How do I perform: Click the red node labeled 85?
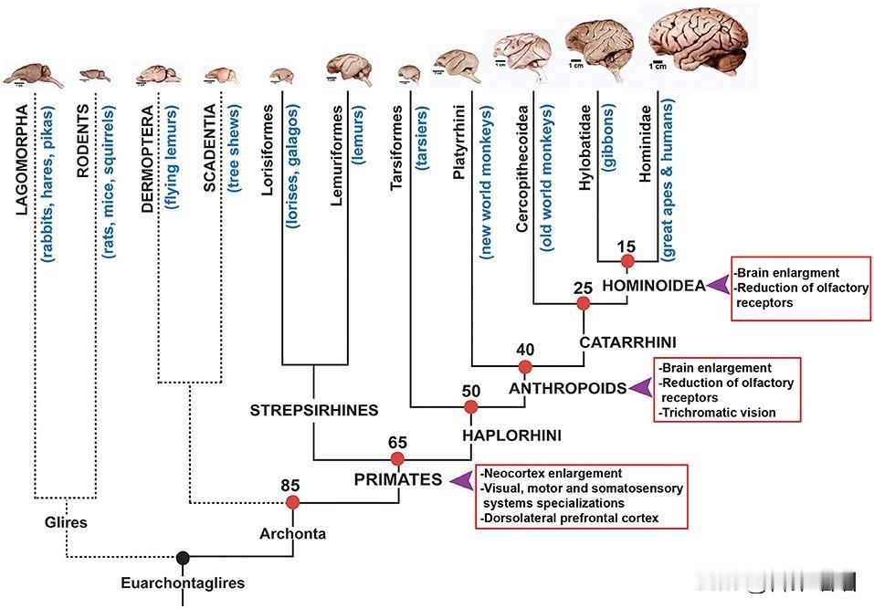[292, 502]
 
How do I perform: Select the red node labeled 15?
[627, 262]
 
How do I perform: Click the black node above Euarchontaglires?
[183, 557]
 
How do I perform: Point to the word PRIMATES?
[398, 479]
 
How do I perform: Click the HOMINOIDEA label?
[654, 286]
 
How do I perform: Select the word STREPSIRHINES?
[314, 411]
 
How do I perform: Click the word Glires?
[64, 522]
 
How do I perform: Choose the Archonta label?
[293, 533]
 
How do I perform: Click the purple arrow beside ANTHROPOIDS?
[643, 388]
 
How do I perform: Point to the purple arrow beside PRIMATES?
[463, 478]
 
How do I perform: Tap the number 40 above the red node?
[524, 349]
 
